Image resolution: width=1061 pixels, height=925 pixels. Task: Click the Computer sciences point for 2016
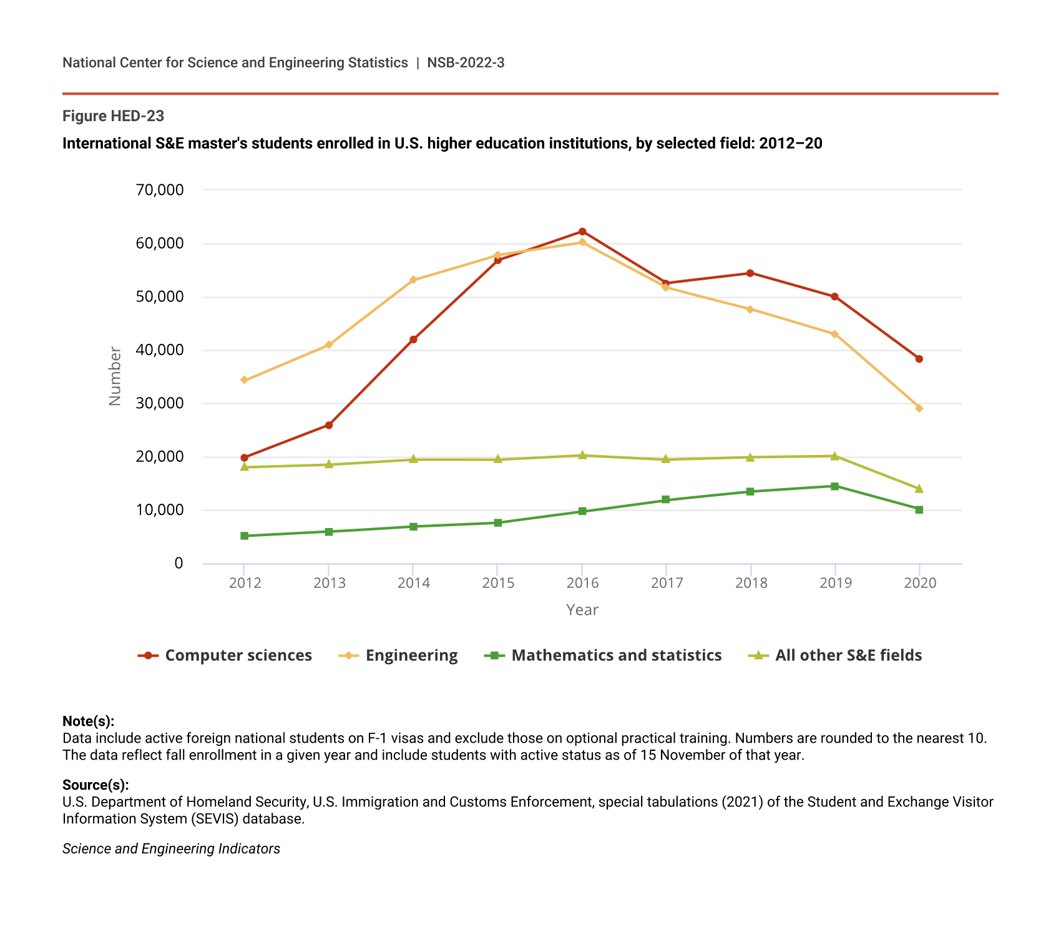582,232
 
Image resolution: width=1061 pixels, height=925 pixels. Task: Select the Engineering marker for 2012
244,380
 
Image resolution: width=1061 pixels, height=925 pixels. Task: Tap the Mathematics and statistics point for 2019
834,486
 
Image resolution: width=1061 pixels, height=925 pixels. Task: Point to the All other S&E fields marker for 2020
919,489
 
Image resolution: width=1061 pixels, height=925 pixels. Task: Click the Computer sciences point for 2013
329,426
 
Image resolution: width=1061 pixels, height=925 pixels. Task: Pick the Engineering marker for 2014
413,280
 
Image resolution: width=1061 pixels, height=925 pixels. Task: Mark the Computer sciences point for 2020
919,359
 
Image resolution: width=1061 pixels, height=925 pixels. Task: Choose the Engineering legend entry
399,655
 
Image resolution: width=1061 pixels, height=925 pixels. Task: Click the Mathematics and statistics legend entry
603,655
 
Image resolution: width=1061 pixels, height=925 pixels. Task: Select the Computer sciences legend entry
225,655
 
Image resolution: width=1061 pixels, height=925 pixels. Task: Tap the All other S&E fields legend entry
835,655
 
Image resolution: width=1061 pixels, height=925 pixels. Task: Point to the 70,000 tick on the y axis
160,190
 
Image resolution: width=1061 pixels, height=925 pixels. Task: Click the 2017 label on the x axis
667,583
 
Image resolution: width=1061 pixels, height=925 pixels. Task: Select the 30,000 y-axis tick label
160,404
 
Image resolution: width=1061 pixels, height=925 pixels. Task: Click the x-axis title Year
582,610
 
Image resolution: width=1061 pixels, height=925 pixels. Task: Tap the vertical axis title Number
115,376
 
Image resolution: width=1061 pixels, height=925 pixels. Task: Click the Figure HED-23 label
113,116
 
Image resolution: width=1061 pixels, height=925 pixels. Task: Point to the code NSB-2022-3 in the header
466,62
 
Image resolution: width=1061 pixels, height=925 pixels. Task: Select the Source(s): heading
95,785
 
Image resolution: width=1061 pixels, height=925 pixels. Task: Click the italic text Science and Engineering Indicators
171,849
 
